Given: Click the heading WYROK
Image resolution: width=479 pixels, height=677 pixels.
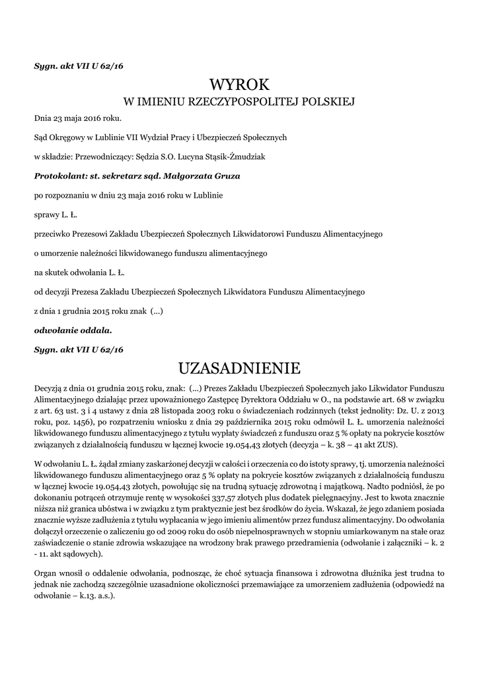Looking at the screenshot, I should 239,84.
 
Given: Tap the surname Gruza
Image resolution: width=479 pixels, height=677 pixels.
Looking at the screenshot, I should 225,177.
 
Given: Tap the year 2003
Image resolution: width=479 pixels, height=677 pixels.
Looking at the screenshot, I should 218,411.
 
